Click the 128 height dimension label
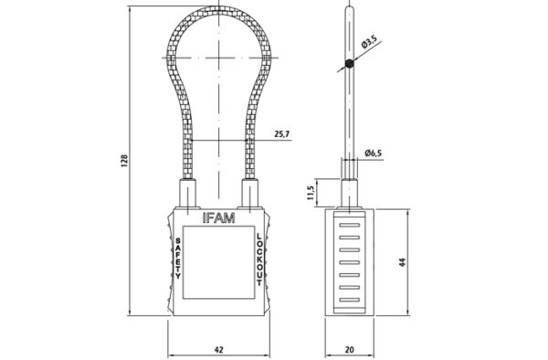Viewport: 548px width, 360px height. coord(124,161)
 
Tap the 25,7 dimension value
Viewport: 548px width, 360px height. coord(282,134)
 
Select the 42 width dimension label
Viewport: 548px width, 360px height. coord(219,349)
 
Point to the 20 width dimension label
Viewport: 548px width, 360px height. coord(350,349)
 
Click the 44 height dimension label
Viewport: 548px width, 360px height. coord(403,262)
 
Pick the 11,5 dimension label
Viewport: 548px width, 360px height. coord(311,193)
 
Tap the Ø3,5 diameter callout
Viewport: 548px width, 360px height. coord(369,43)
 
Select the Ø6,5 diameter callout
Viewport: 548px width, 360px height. coord(373,153)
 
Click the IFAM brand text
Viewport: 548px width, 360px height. coord(219,218)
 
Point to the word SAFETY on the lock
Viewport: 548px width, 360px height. coord(178,259)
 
